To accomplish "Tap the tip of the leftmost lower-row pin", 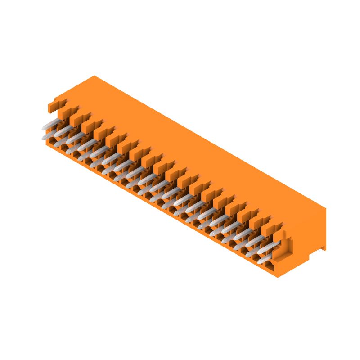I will point(44,137).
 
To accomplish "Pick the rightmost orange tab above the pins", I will point(270,229).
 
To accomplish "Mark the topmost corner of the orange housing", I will point(94,76).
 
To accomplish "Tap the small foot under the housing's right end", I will point(324,247).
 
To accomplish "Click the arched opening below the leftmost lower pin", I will point(53,143).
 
